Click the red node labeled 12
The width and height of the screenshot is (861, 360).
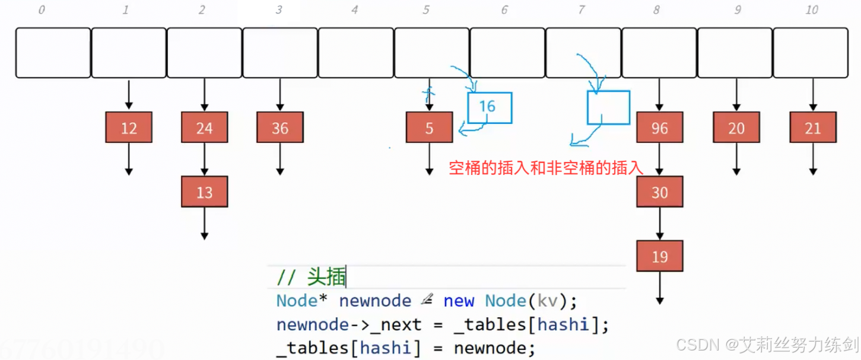(x=129, y=128)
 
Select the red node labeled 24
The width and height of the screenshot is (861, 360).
(x=205, y=128)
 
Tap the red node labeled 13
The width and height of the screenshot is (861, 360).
(x=205, y=192)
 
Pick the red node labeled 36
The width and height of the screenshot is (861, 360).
(x=280, y=128)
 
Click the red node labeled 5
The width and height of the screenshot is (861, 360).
(x=429, y=128)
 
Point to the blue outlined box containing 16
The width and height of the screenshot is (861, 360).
(x=490, y=107)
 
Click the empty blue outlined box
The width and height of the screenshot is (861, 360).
(x=608, y=107)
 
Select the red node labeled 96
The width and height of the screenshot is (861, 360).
(x=659, y=128)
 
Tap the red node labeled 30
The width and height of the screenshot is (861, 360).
(x=659, y=192)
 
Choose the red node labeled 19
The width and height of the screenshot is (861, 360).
(x=659, y=256)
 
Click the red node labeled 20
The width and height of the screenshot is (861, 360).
(x=736, y=128)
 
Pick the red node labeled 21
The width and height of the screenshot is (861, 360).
(x=813, y=128)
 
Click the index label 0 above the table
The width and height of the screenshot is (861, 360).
(x=42, y=10)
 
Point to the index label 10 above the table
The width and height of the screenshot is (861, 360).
(x=812, y=10)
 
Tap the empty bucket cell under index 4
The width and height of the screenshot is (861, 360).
(x=356, y=52)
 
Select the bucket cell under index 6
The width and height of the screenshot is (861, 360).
(x=507, y=52)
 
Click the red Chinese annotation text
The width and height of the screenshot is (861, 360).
(x=546, y=168)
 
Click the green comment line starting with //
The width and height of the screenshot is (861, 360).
(x=312, y=277)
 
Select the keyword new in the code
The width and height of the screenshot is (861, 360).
(x=459, y=301)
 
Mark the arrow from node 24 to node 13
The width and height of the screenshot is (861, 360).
(x=205, y=160)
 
